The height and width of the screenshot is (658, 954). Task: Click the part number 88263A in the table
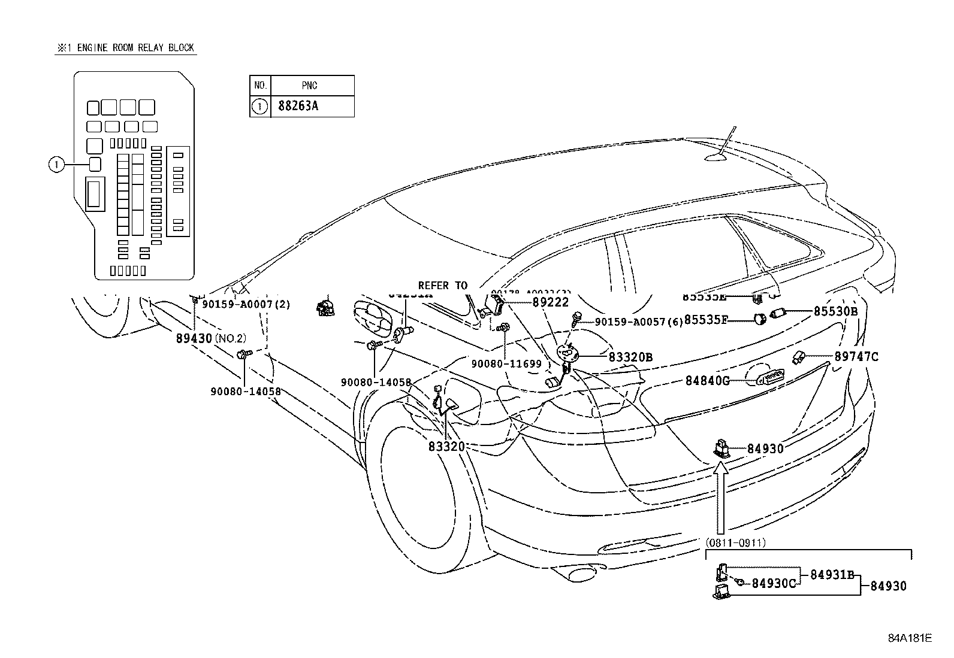pos(298,107)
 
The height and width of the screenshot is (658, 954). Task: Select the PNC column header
pos(310,85)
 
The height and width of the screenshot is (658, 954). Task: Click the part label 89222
pos(551,303)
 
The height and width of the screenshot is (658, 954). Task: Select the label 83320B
pos(630,357)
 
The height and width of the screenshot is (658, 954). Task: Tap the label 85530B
pos(835,311)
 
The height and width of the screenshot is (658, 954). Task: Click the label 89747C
pos(856,357)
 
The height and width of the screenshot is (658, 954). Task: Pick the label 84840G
pos(707,381)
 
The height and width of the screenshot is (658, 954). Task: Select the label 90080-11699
pos(506,363)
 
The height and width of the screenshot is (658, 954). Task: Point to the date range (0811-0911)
pos(735,543)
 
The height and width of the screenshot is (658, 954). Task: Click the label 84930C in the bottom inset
pos(774,583)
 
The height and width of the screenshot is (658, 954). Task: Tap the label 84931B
pos(832,575)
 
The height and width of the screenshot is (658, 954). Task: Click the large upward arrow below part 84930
pos(721,497)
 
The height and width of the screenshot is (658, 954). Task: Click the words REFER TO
pos(442,286)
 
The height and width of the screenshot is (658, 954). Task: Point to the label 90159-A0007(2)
pos(246,304)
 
